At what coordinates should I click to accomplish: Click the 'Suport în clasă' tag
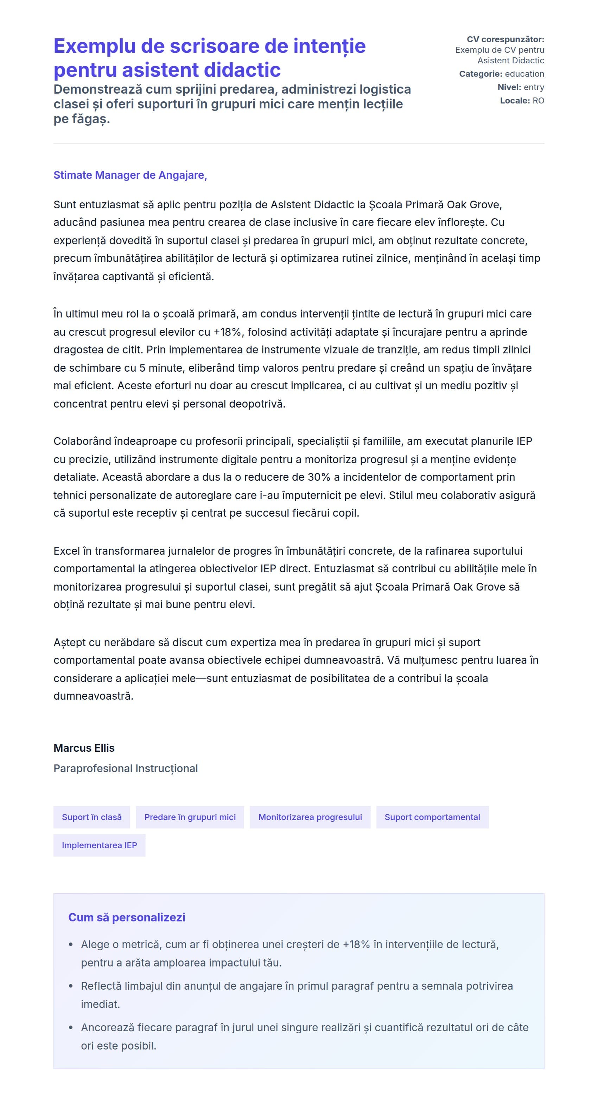[91, 817]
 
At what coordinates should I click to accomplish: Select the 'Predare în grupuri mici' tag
[190, 817]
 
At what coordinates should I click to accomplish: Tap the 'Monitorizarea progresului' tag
[310, 817]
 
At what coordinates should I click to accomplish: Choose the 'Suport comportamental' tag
[432, 817]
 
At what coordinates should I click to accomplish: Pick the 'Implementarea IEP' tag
[99, 845]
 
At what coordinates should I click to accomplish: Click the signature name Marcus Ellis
[84, 748]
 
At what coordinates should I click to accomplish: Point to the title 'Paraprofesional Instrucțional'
[126, 769]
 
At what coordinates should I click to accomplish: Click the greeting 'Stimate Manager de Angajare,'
[130, 175]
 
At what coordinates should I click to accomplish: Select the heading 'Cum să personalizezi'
[127, 917]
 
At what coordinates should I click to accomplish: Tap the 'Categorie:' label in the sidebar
[480, 74]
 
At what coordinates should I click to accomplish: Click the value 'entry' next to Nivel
[534, 87]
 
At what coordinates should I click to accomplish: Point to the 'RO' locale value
[538, 101]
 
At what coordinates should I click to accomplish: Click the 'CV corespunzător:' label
[505, 39]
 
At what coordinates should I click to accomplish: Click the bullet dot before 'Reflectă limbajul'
[71, 986]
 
